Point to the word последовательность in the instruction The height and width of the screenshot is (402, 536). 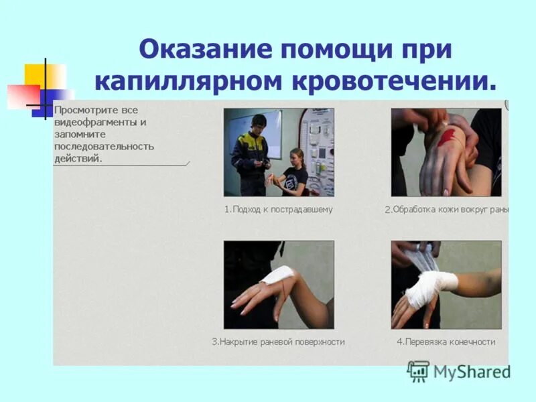click(x=105, y=146)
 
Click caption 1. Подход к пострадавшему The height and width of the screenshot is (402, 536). click(x=278, y=209)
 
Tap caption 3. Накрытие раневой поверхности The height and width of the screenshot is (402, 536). click(x=278, y=342)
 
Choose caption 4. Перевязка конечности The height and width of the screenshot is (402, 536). click(x=446, y=342)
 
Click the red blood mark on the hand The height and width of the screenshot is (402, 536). click(x=448, y=137)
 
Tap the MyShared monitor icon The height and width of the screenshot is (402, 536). click(x=418, y=371)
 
